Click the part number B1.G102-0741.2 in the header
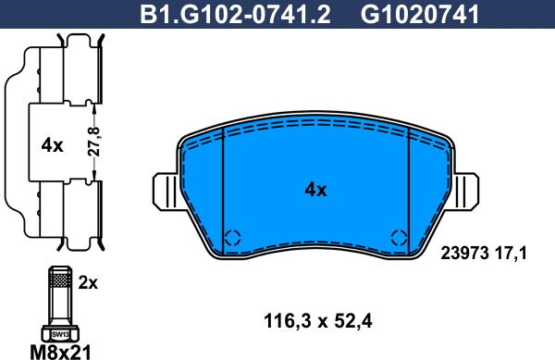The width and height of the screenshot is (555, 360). click(x=235, y=14)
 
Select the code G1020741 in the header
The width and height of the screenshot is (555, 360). click(x=420, y=14)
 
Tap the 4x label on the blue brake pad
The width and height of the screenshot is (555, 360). click(x=315, y=190)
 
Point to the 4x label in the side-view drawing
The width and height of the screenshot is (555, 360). click(x=52, y=145)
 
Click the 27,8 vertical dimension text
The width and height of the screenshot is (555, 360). click(x=94, y=142)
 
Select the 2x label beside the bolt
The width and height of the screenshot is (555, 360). click(x=88, y=283)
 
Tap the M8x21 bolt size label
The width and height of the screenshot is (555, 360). click(x=60, y=352)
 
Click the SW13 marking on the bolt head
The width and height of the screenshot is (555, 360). click(x=60, y=334)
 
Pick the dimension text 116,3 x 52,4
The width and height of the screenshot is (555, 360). click(x=318, y=322)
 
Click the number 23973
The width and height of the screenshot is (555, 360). click(x=464, y=254)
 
